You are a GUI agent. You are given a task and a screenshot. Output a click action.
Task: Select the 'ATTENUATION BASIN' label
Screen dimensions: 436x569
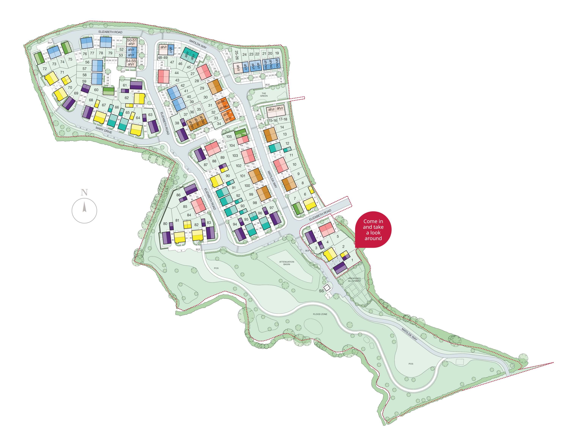(286, 263)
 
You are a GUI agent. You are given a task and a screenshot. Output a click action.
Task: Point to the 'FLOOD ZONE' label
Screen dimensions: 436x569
(320, 314)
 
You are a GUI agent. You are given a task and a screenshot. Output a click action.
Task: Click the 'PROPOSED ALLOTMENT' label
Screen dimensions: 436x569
(354, 279)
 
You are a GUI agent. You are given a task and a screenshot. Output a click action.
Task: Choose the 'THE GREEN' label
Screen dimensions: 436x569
(264, 94)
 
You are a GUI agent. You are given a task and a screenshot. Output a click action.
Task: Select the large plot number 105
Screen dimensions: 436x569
(229, 136)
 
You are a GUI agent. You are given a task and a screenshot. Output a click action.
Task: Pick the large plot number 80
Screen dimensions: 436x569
(165, 224)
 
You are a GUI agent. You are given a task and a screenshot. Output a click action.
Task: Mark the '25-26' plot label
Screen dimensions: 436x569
(236, 55)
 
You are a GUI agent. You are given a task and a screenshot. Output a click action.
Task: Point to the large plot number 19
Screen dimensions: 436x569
(277, 53)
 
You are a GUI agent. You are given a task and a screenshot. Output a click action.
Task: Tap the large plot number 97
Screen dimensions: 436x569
(271, 208)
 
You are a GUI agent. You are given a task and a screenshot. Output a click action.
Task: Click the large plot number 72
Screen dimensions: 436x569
(45, 69)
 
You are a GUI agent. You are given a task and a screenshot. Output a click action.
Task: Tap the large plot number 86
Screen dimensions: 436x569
(178, 195)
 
